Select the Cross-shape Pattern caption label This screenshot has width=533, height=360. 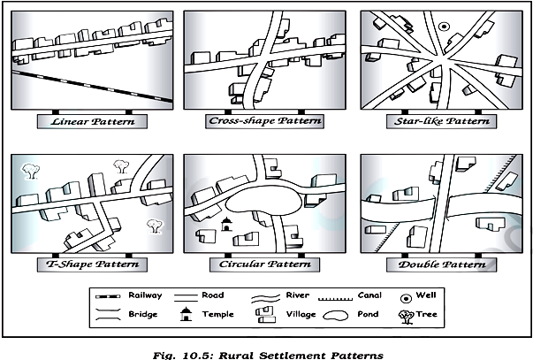[259, 120]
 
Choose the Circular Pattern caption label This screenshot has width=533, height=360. [259, 264]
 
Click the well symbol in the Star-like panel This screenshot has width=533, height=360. [444, 27]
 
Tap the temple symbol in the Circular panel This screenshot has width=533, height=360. [225, 225]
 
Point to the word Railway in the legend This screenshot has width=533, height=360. [145, 295]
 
